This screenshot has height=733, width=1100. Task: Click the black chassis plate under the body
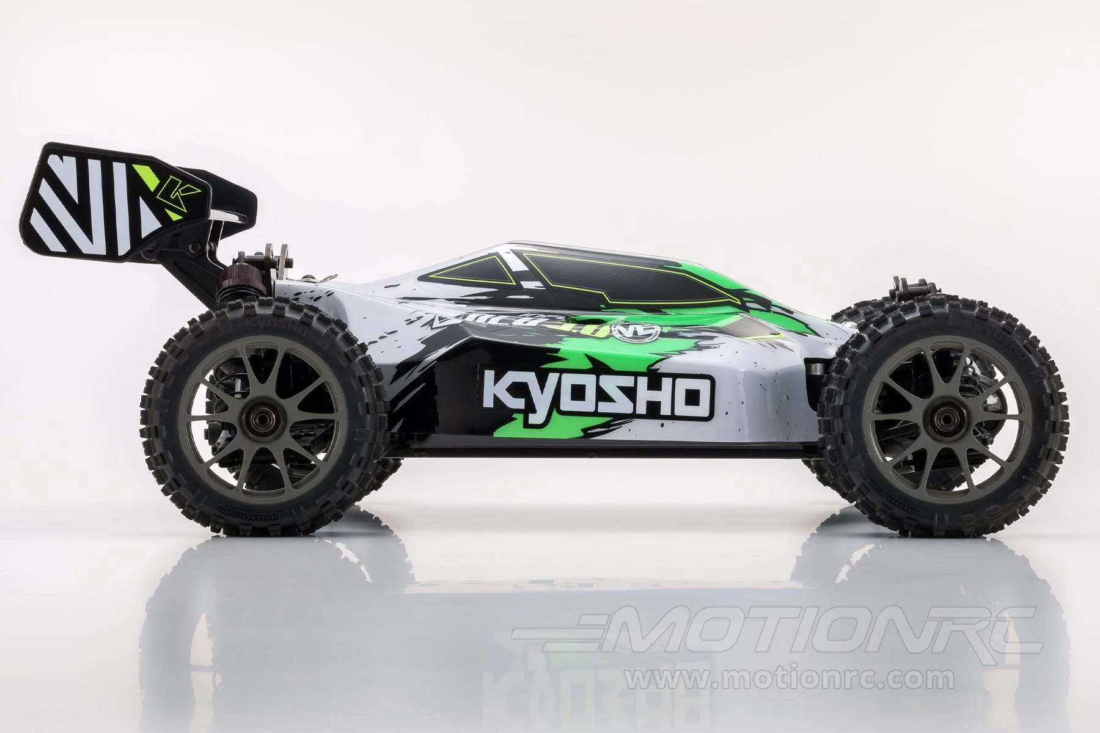pyautogui.click(x=605, y=453)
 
